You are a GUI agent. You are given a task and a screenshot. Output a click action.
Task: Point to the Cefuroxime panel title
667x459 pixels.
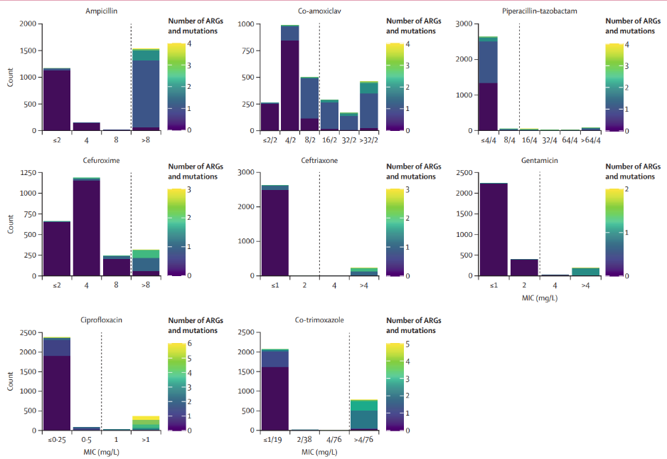click(92, 160)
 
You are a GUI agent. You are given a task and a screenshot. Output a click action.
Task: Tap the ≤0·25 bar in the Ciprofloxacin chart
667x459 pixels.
click(56, 384)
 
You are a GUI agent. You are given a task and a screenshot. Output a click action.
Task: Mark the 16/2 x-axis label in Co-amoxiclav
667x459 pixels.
click(329, 140)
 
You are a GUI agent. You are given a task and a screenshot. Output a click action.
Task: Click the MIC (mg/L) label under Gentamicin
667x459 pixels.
click(539, 297)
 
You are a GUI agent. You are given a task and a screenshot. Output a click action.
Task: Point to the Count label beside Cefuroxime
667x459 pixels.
click(10, 223)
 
